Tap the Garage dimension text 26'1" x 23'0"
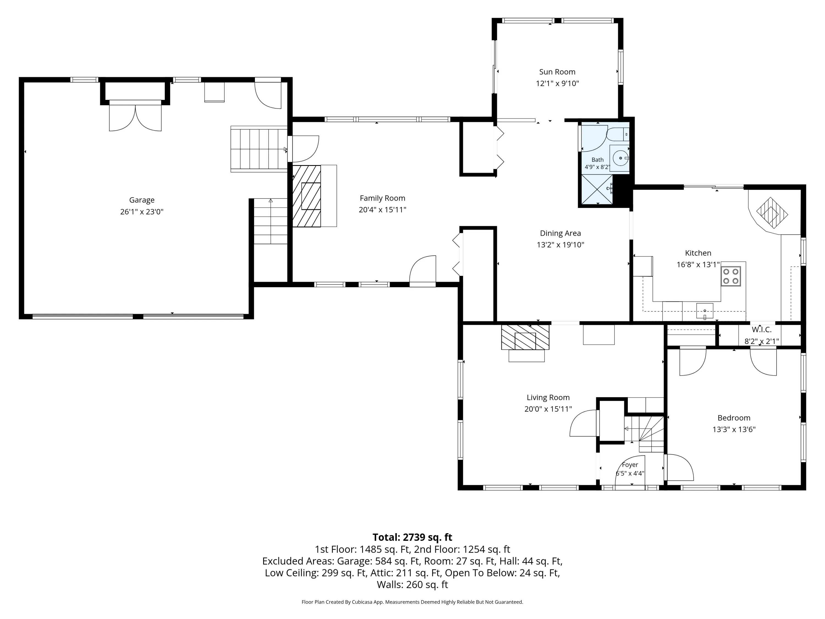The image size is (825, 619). (142, 212)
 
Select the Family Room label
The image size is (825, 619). (382, 198)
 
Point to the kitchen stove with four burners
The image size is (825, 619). (731, 276)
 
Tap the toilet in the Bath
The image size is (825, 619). (618, 134)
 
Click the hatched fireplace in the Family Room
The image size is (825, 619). (307, 196)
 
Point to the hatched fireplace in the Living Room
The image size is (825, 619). (525, 337)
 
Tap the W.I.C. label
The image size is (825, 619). (761, 330)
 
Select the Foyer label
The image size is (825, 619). (630, 465)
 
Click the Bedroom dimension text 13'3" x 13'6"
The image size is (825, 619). (734, 429)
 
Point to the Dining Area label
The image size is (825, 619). (560, 233)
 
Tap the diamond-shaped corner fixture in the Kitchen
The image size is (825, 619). (772, 213)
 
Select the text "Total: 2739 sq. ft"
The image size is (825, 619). (412, 537)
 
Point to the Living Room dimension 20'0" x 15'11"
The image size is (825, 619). (548, 409)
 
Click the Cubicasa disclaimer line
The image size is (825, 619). (412, 602)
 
